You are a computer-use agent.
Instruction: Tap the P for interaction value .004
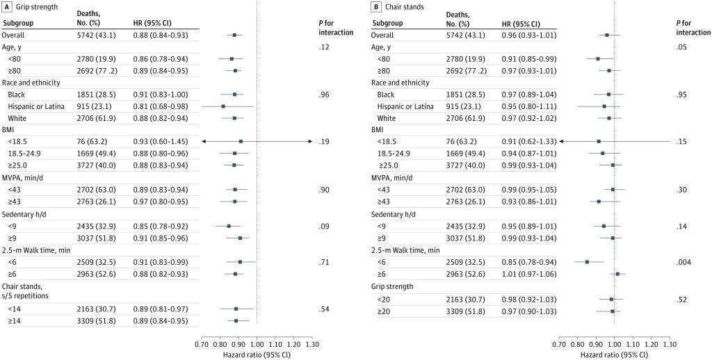pos(683,261)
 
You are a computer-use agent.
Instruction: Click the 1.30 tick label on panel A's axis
pos(312,343)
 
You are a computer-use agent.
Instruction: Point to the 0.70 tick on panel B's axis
pos(558,343)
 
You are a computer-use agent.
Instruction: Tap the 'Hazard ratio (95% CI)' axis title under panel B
pos(614,354)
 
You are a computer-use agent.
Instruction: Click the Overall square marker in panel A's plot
pos(235,34)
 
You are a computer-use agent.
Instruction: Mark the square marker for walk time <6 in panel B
pos(587,261)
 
